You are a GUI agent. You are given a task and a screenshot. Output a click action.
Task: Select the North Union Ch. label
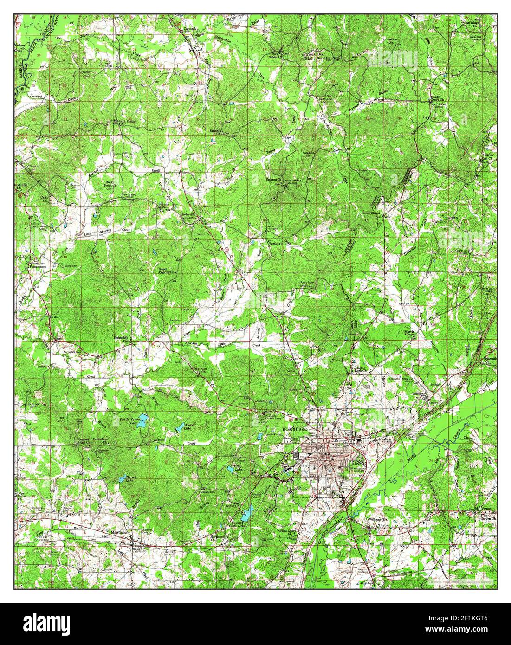pos(120,123)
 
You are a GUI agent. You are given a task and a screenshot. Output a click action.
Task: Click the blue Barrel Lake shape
pos(126,477)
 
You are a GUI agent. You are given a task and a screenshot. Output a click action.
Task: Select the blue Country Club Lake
pos(246,514)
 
